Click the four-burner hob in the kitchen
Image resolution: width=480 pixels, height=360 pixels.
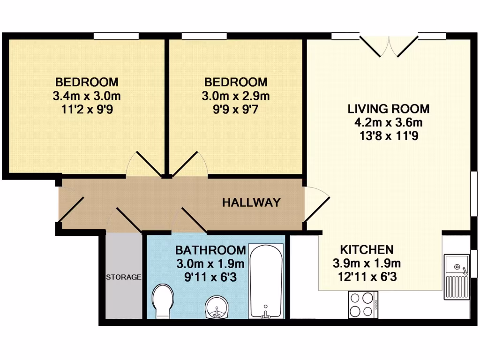(363, 305)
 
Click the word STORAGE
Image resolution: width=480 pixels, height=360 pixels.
(123, 277)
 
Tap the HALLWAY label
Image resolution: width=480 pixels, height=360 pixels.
(251, 202)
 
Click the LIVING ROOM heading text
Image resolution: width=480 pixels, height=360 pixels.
(388, 109)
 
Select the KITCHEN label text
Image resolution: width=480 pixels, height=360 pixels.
(366, 249)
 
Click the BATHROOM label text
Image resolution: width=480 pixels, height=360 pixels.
(210, 249)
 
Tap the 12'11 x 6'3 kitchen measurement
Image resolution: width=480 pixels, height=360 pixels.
(366, 277)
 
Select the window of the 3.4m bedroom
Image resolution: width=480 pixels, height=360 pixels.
(116, 36)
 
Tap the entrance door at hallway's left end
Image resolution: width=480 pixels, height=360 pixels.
(70, 206)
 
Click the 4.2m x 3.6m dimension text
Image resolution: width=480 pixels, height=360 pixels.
(388, 123)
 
